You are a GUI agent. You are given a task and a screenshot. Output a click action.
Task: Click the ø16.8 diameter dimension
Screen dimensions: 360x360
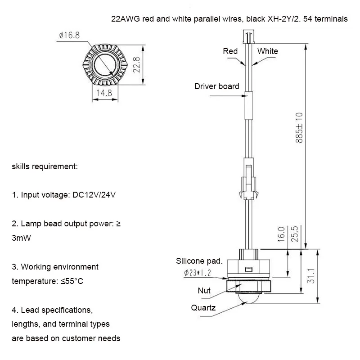click(69, 36)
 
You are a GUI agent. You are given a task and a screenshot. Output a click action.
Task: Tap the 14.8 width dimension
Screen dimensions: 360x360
click(103, 93)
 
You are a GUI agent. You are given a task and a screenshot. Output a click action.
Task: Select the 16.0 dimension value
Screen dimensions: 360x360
click(281, 235)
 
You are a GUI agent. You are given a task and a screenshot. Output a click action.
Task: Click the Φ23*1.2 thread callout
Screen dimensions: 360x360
click(197, 272)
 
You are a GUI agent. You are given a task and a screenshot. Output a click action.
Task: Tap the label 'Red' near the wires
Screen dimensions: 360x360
click(230, 51)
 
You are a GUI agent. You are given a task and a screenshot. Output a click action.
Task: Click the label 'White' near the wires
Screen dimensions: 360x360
click(267, 51)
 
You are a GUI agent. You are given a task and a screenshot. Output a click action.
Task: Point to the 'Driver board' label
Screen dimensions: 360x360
click(216, 86)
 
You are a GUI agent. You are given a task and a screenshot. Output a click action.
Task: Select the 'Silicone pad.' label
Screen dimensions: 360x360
click(199, 261)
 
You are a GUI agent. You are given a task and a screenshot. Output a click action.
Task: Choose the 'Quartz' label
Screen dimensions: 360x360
click(203, 308)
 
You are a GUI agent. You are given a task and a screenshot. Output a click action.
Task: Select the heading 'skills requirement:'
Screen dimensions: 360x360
click(45, 166)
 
